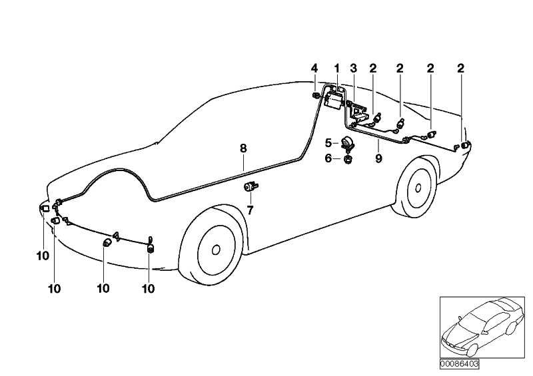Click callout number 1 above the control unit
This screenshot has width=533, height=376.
[337, 69]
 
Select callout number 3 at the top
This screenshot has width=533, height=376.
[354, 69]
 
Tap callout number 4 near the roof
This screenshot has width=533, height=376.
[314, 69]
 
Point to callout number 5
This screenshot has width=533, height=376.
[328, 143]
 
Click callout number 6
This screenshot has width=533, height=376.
[328, 158]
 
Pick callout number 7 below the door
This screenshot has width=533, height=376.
[251, 210]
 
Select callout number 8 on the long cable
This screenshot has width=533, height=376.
[243, 148]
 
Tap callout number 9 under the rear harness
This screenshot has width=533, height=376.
[378, 158]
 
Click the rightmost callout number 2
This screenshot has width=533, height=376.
[460, 69]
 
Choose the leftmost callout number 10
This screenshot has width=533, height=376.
[43, 256]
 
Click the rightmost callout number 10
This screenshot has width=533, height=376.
[148, 289]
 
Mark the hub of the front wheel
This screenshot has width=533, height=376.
[215, 250]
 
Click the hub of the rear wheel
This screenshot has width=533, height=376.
[418, 188]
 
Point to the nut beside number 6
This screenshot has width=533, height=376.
[347, 158]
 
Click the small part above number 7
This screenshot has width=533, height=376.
[251, 186]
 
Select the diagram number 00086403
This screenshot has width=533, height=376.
[459, 364]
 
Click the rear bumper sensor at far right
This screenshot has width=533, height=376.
[464, 146]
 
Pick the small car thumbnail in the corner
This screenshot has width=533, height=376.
[482, 327]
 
